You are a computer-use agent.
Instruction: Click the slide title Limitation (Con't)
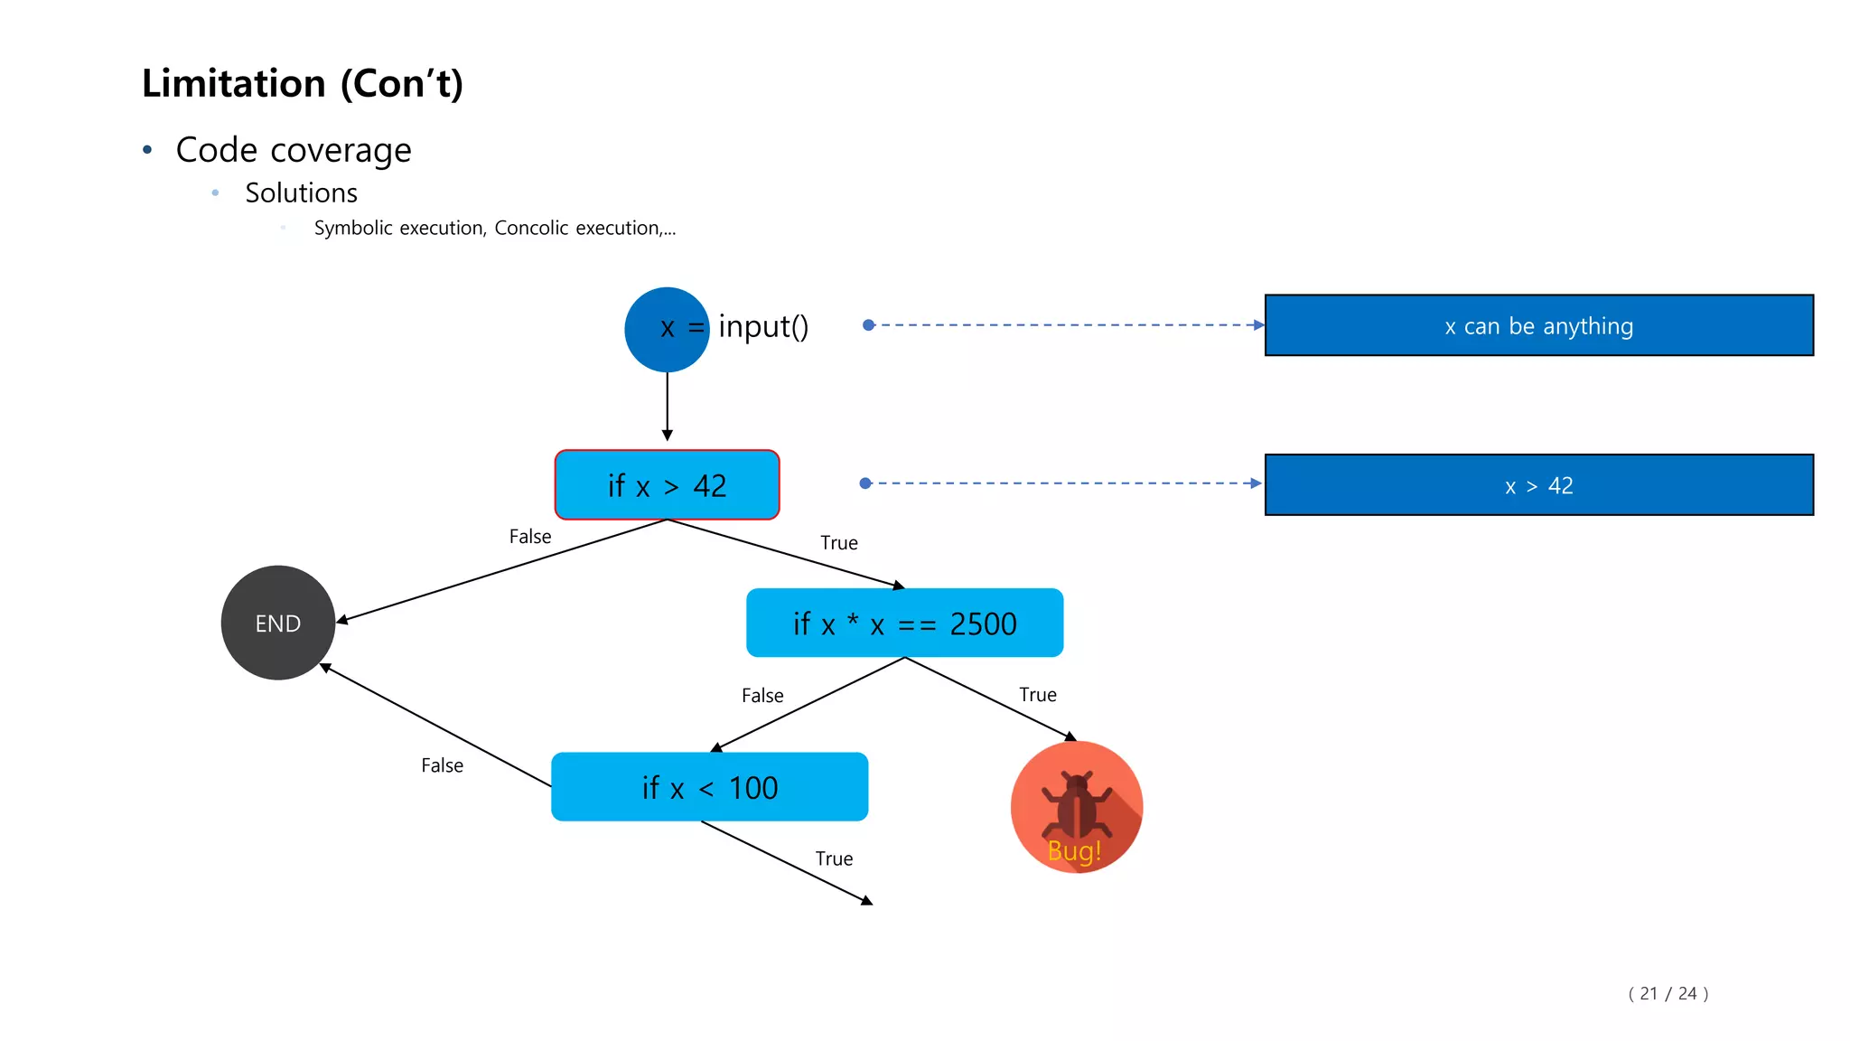302,83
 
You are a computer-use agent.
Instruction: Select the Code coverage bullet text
293,150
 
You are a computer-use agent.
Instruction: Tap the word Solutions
301,192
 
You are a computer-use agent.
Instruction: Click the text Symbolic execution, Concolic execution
494,228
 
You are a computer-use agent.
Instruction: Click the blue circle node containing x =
666,329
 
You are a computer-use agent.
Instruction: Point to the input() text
763,326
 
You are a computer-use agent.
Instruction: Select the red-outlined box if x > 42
667,485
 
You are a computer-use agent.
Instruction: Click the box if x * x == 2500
904,624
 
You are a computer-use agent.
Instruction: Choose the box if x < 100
709,787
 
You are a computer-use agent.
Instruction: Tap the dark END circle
277,623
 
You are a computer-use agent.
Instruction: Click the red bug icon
1076,806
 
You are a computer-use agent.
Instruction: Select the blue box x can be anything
1538,325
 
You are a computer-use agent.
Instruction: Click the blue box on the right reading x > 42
1538,485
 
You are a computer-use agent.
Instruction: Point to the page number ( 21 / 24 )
1668,993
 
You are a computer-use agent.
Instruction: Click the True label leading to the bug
1037,694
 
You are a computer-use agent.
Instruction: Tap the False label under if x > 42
529,537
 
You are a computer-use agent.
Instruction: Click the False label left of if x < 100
442,765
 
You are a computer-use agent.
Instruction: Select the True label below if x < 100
833,858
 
